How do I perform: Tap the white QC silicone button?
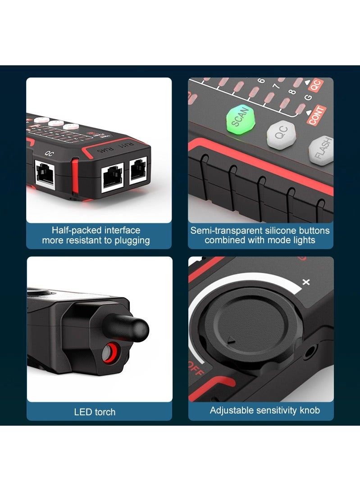tap(282, 134)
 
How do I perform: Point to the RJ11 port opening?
tap(138, 171)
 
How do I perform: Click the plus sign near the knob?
tap(306, 282)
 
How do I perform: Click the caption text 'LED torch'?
tap(95, 412)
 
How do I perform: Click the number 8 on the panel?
tap(292, 93)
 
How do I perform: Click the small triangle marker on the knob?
tap(231, 341)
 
